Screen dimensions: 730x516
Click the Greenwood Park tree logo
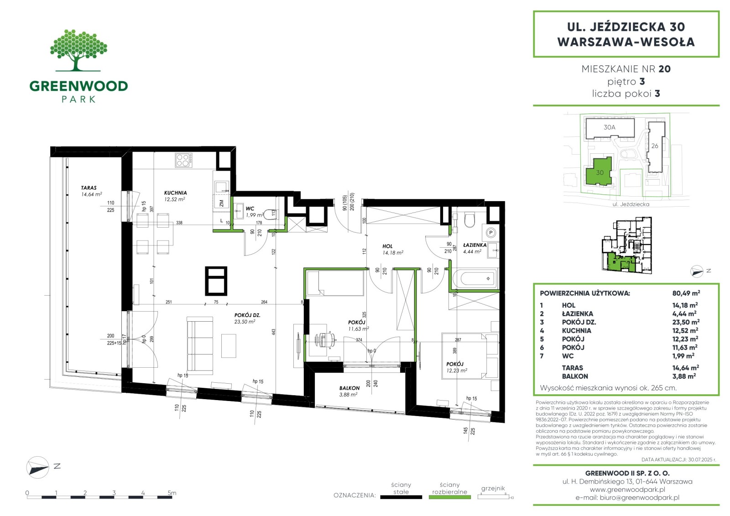coord(78,50)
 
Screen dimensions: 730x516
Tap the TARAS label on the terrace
coord(89,188)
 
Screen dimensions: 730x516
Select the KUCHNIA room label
coord(175,193)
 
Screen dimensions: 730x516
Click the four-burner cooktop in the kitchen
coord(183,161)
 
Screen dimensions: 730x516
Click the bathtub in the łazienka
coord(474,278)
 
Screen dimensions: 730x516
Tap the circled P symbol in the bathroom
coord(491,233)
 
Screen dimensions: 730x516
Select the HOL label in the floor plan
coord(387,246)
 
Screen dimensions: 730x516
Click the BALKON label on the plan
coord(349,388)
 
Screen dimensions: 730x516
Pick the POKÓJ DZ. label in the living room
coord(247,315)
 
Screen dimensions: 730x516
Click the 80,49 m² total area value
coord(686,293)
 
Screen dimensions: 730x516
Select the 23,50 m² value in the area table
coord(686,322)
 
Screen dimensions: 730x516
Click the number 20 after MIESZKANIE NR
coord(664,69)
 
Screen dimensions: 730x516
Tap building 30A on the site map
coord(610,127)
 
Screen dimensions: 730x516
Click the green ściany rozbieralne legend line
coord(450,497)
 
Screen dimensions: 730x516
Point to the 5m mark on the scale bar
coord(172,493)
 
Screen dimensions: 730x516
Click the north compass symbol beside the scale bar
coord(38,467)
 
